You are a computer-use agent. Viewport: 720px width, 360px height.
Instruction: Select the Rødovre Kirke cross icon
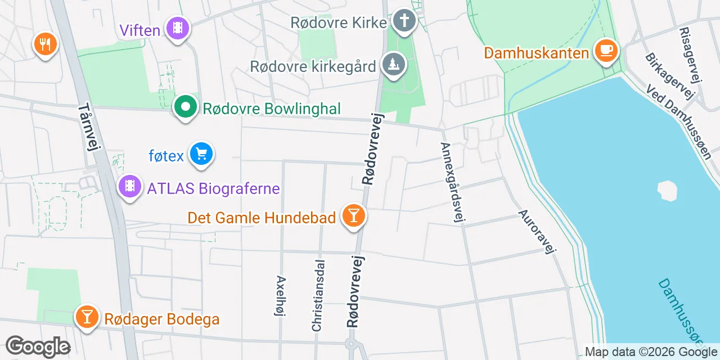tap(404, 21)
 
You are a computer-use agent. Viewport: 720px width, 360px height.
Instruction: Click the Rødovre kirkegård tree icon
tap(394, 64)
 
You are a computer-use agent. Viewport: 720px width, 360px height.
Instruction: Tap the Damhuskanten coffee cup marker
tap(606, 50)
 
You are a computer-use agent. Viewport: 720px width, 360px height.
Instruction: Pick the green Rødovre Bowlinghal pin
tap(184, 106)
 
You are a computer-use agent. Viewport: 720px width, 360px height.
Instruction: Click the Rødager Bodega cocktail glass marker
tap(87, 317)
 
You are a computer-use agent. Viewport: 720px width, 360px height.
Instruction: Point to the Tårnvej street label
tap(89, 127)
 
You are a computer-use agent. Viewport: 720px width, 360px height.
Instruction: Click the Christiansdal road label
tap(318, 295)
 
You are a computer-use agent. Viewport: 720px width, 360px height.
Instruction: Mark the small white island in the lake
tap(667, 190)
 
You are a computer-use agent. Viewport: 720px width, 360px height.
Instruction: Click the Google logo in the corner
tap(38, 346)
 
